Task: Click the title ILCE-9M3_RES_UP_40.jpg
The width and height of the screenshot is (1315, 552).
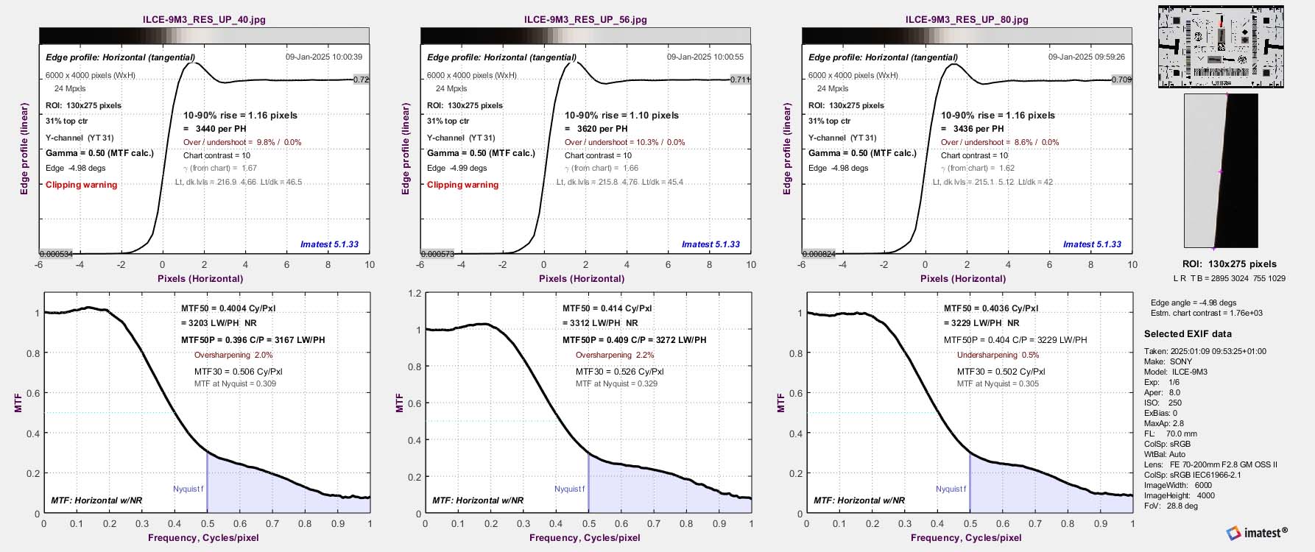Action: pos(204,20)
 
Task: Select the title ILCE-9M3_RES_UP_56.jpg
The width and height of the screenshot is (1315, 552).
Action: pos(585,20)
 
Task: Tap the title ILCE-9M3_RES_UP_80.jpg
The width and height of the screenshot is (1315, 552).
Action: pos(967,20)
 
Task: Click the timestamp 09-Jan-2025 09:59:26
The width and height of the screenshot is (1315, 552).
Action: pos(1086,57)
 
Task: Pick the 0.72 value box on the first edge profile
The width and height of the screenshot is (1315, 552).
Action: pos(361,79)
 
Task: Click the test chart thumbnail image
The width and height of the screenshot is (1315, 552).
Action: pos(1221,47)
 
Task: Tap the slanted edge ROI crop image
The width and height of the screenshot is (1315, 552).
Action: pos(1221,170)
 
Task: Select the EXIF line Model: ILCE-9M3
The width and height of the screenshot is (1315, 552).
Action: pos(1176,372)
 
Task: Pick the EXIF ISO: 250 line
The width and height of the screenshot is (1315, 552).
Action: pos(1163,403)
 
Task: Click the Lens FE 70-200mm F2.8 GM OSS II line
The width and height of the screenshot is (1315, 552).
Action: pos(1210,464)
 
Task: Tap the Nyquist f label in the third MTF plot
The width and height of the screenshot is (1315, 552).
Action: pos(951,489)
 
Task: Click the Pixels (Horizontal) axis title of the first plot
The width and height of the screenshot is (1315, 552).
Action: pos(200,278)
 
